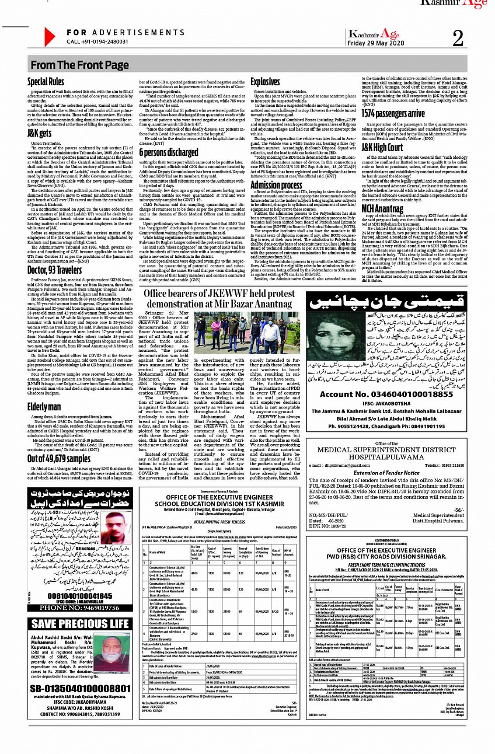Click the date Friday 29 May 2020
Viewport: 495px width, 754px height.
376,43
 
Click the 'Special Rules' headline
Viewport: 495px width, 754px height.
46,82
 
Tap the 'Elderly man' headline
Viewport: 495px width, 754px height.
44,390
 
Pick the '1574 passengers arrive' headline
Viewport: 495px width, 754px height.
393,113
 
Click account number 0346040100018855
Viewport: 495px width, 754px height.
395,378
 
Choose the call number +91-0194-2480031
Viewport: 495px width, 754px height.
97,42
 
